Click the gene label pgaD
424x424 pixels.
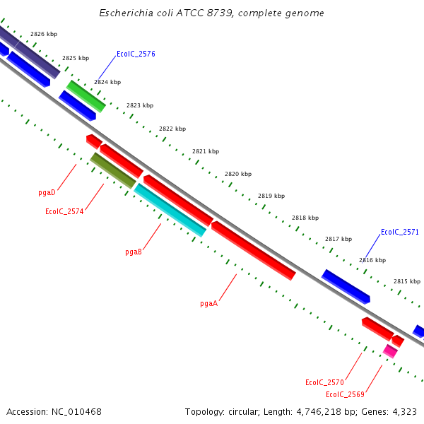[47, 192]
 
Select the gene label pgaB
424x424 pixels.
[134, 252]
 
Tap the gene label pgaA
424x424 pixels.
[208, 304]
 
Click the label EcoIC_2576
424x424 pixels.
[136, 54]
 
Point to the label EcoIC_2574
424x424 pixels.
[64, 211]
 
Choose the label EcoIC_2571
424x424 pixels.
[399, 232]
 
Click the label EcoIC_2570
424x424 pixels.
[324, 382]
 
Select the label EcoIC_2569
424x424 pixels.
[345, 394]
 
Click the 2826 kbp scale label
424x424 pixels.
[44, 34]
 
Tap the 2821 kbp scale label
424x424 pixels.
[206, 151]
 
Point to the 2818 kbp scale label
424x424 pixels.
[305, 218]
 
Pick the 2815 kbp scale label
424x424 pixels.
[407, 281]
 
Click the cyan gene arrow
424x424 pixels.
[170, 210]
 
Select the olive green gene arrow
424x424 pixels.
[112, 170]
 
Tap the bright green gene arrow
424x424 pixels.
[86, 96]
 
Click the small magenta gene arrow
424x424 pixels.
[390, 351]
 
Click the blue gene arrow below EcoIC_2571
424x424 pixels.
[346, 286]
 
